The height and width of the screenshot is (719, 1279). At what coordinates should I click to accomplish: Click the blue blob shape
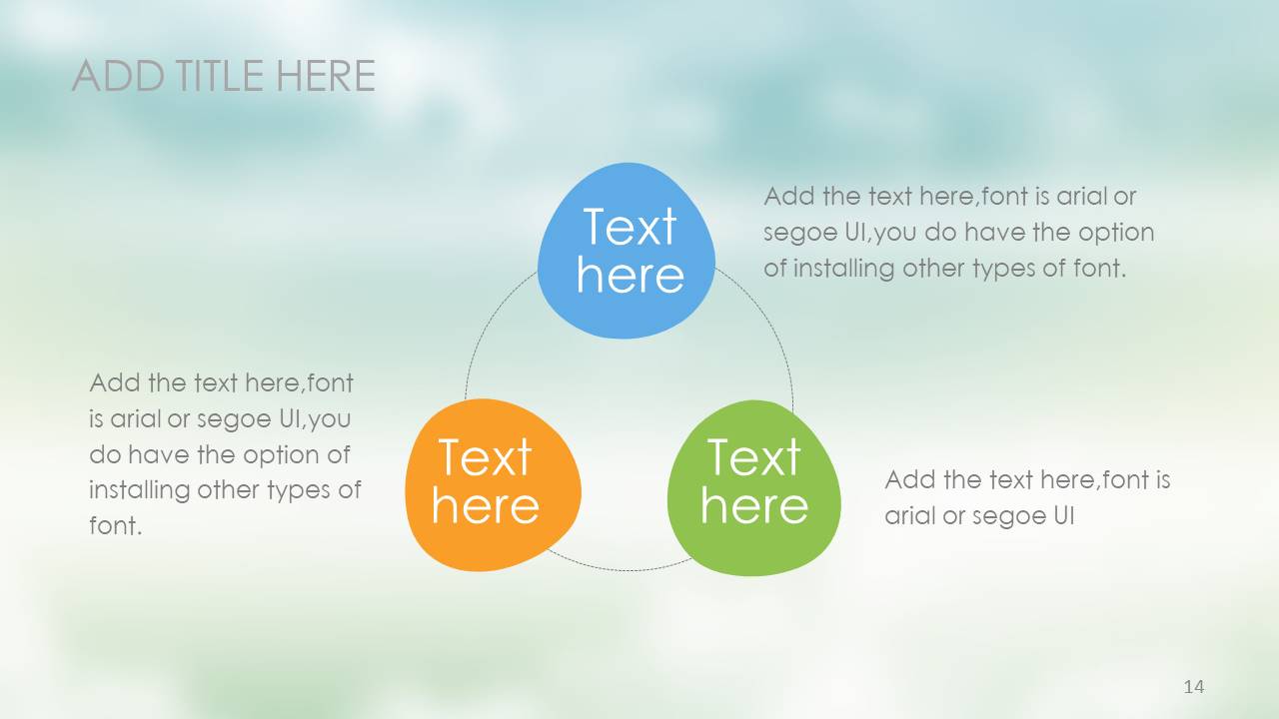[x=627, y=251]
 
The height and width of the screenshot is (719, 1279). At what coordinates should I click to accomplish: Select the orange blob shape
[x=493, y=485]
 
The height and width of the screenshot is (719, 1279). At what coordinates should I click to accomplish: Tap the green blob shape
[x=753, y=488]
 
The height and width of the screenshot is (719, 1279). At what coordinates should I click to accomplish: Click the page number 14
[x=1194, y=686]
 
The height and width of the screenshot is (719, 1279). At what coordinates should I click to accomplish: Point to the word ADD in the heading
[x=119, y=75]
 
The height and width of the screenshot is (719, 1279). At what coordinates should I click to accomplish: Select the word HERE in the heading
[x=326, y=75]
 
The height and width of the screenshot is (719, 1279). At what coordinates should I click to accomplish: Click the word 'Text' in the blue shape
[x=630, y=227]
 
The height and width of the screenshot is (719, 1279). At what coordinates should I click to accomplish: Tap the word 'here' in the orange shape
[x=486, y=506]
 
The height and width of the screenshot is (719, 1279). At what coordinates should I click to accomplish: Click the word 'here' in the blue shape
[x=631, y=276]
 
